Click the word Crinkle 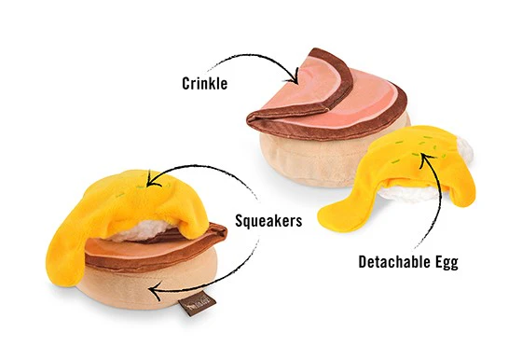tap(206, 81)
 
